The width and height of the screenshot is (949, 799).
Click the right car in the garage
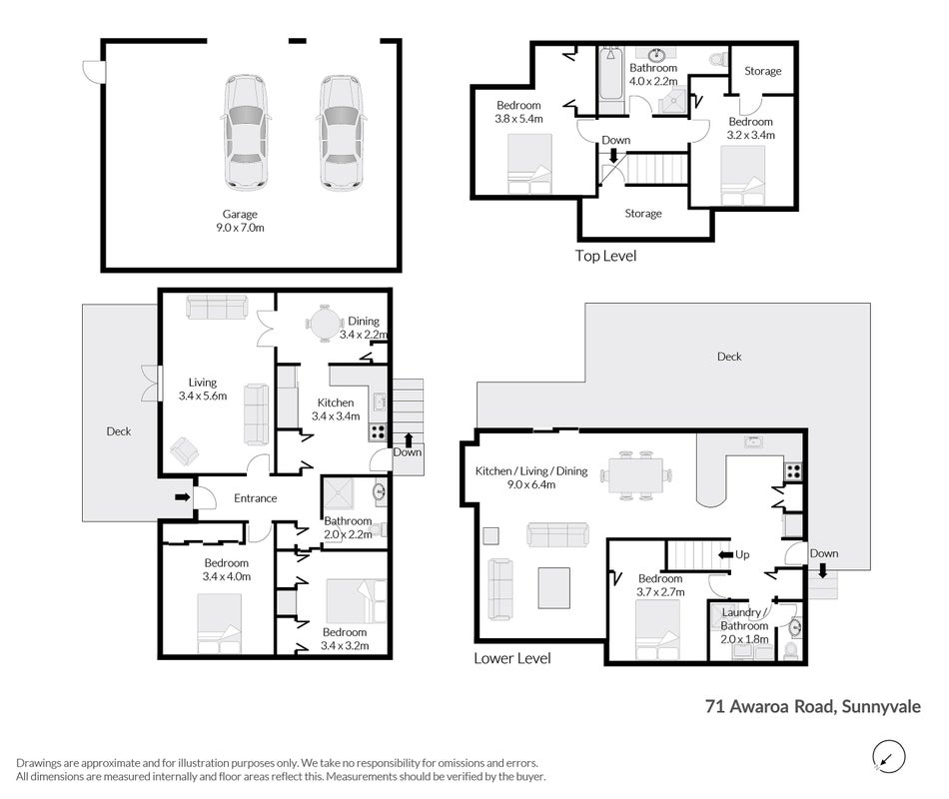tap(341, 133)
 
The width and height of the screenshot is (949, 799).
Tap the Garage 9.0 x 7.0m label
tap(241, 221)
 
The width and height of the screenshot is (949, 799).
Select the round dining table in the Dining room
tap(325, 324)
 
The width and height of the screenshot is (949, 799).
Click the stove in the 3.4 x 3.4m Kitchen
tap(378, 432)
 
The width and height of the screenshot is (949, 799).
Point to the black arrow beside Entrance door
tap(182, 497)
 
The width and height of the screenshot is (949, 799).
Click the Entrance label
tap(256, 498)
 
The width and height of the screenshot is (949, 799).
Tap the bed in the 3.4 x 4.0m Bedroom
tap(219, 623)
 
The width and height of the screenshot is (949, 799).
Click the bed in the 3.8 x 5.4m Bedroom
tap(529, 164)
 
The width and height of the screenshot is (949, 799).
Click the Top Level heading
tap(605, 256)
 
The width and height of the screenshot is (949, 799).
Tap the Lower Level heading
tap(512, 658)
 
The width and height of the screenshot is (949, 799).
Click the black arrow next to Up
tap(725, 554)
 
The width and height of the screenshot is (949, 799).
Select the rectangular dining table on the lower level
tap(635, 475)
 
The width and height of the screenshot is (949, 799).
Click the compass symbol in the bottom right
tap(888, 757)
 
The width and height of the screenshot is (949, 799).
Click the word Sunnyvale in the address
tap(881, 707)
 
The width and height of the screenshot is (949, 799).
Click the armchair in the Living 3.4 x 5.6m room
tap(185, 451)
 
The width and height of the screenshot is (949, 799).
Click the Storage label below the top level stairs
tap(643, 214)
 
